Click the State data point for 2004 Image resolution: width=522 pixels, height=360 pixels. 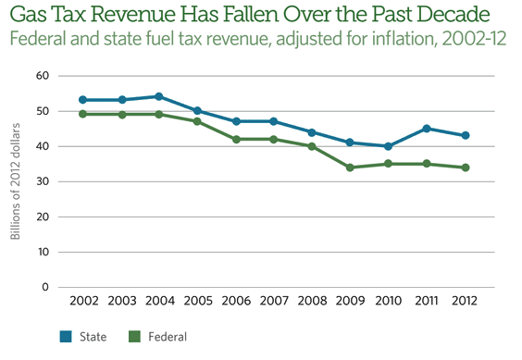click(x=160, y=96)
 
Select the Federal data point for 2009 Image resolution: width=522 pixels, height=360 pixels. click(x=350, y=168)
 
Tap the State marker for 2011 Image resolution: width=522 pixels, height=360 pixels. click(x=427, y=129)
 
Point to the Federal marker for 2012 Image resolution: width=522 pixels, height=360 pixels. click(x=465, y=168)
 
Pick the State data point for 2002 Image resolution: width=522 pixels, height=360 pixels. click(x=84, y=100)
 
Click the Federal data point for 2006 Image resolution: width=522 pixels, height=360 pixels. click(x=236, y=139)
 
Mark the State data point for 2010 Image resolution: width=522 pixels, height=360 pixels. click(x=389, y=146)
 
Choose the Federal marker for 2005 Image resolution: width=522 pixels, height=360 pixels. click(x=198, y=121)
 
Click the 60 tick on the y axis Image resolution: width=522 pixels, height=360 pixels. click(x=43, y=76)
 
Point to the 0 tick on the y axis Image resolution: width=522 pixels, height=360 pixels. click(x=46, y=287)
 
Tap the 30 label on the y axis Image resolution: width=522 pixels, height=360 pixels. click(x=43, y=181)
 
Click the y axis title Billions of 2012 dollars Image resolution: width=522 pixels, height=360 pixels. click(x=16, y=181)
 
